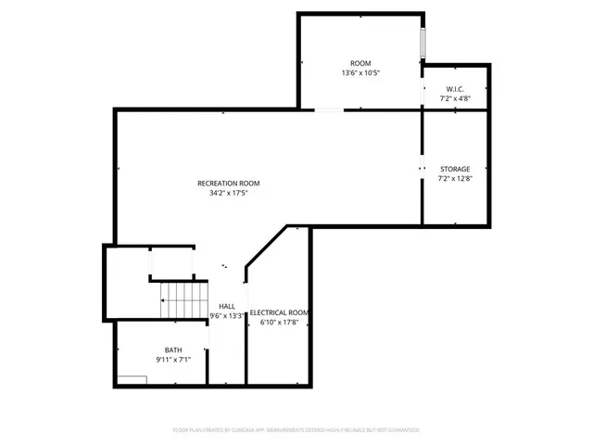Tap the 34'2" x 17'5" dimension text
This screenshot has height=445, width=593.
tap(227, 194)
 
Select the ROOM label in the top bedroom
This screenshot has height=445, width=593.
tap(360, 62)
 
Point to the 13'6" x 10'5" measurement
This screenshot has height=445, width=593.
tap(360, 72)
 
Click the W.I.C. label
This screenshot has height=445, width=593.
tap(454, 88)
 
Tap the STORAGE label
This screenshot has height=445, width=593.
tap(454, 169)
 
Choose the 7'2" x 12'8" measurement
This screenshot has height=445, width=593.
tap(454, 178)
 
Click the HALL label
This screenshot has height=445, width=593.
tap(227, 305)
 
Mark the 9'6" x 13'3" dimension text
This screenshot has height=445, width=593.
tap(227, 315)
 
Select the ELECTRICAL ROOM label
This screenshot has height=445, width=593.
tap(279, 312)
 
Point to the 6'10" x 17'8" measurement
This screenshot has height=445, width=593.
tap(279, 323)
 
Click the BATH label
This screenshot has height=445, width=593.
tap(173, 350)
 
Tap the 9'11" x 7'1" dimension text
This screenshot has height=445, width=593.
tap(173, 360)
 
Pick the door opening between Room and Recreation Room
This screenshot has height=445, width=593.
tap(329, 109)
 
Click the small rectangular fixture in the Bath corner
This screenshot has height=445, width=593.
tap(132, 379)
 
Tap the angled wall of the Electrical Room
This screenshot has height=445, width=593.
tap(266, 248)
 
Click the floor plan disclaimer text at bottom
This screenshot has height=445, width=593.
tap(296, 430)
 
